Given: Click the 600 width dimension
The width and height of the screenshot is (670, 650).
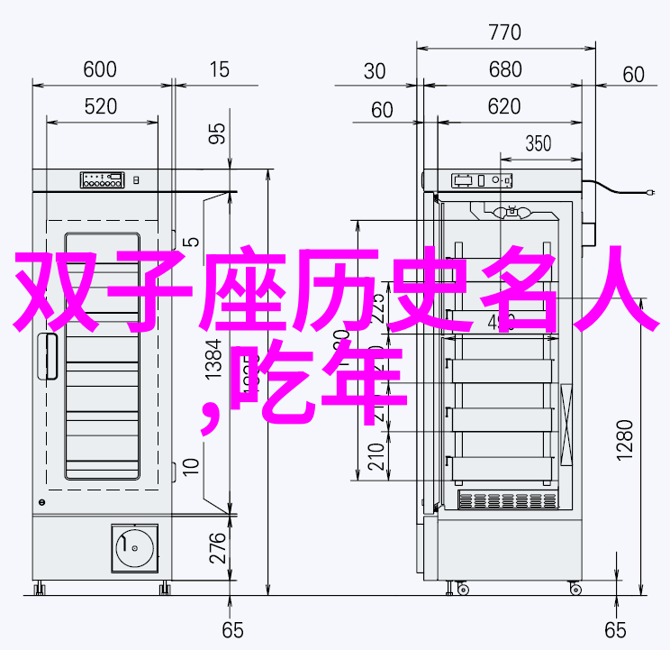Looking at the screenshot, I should click(101, 69).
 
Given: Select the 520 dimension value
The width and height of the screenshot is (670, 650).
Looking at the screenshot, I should click(101, 106).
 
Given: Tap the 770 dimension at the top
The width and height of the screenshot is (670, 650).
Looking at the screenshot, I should click(505, 33).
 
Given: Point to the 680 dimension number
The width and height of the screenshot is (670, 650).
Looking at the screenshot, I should click(505, 70).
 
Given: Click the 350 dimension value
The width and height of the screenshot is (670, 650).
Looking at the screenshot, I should click(538, 143).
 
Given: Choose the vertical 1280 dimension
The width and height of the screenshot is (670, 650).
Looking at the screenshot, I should click(627, 439).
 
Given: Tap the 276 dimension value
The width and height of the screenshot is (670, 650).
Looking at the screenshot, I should click(217, 549).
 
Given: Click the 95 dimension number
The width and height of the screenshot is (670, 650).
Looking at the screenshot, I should click(217, 134).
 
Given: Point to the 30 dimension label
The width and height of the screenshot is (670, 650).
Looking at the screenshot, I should click(376, 71).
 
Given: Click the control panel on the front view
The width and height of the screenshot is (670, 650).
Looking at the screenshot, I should click(101, 179).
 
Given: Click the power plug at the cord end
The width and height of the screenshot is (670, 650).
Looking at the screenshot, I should click(650, 192).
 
